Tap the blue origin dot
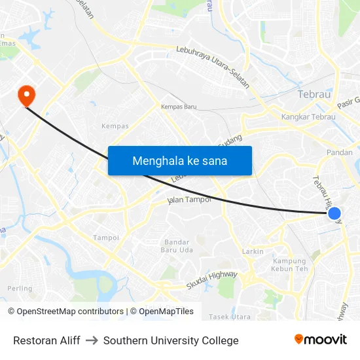(334, 213)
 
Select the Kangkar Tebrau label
(308, 117)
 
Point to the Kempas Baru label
(179, 107)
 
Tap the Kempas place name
(115, 126)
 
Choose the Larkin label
(253, 251)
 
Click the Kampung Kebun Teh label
(289, 264)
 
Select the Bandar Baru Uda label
(177, 246)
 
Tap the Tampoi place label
(106, 238)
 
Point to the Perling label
(20, 288)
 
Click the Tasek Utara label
(229, 317)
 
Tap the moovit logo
(320, 340)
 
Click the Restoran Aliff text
(46, 340)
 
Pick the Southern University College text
(171, 340)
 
